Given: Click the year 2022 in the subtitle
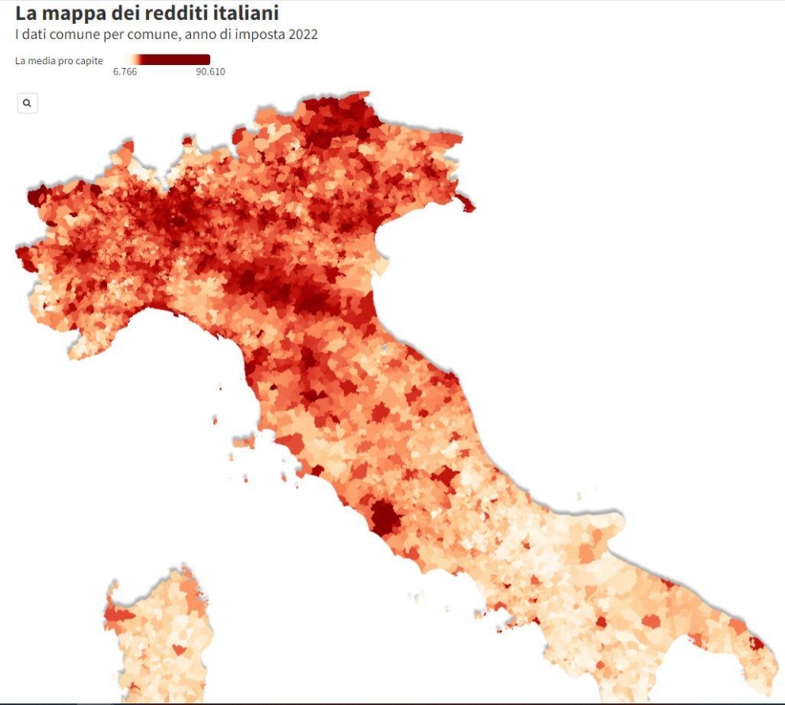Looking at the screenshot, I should point(302,35).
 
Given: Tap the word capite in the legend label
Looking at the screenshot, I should point(89,60).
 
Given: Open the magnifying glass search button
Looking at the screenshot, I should point(27,103).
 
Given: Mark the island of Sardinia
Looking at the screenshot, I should point(159,634).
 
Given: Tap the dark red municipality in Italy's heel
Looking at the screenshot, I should point(756,643).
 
